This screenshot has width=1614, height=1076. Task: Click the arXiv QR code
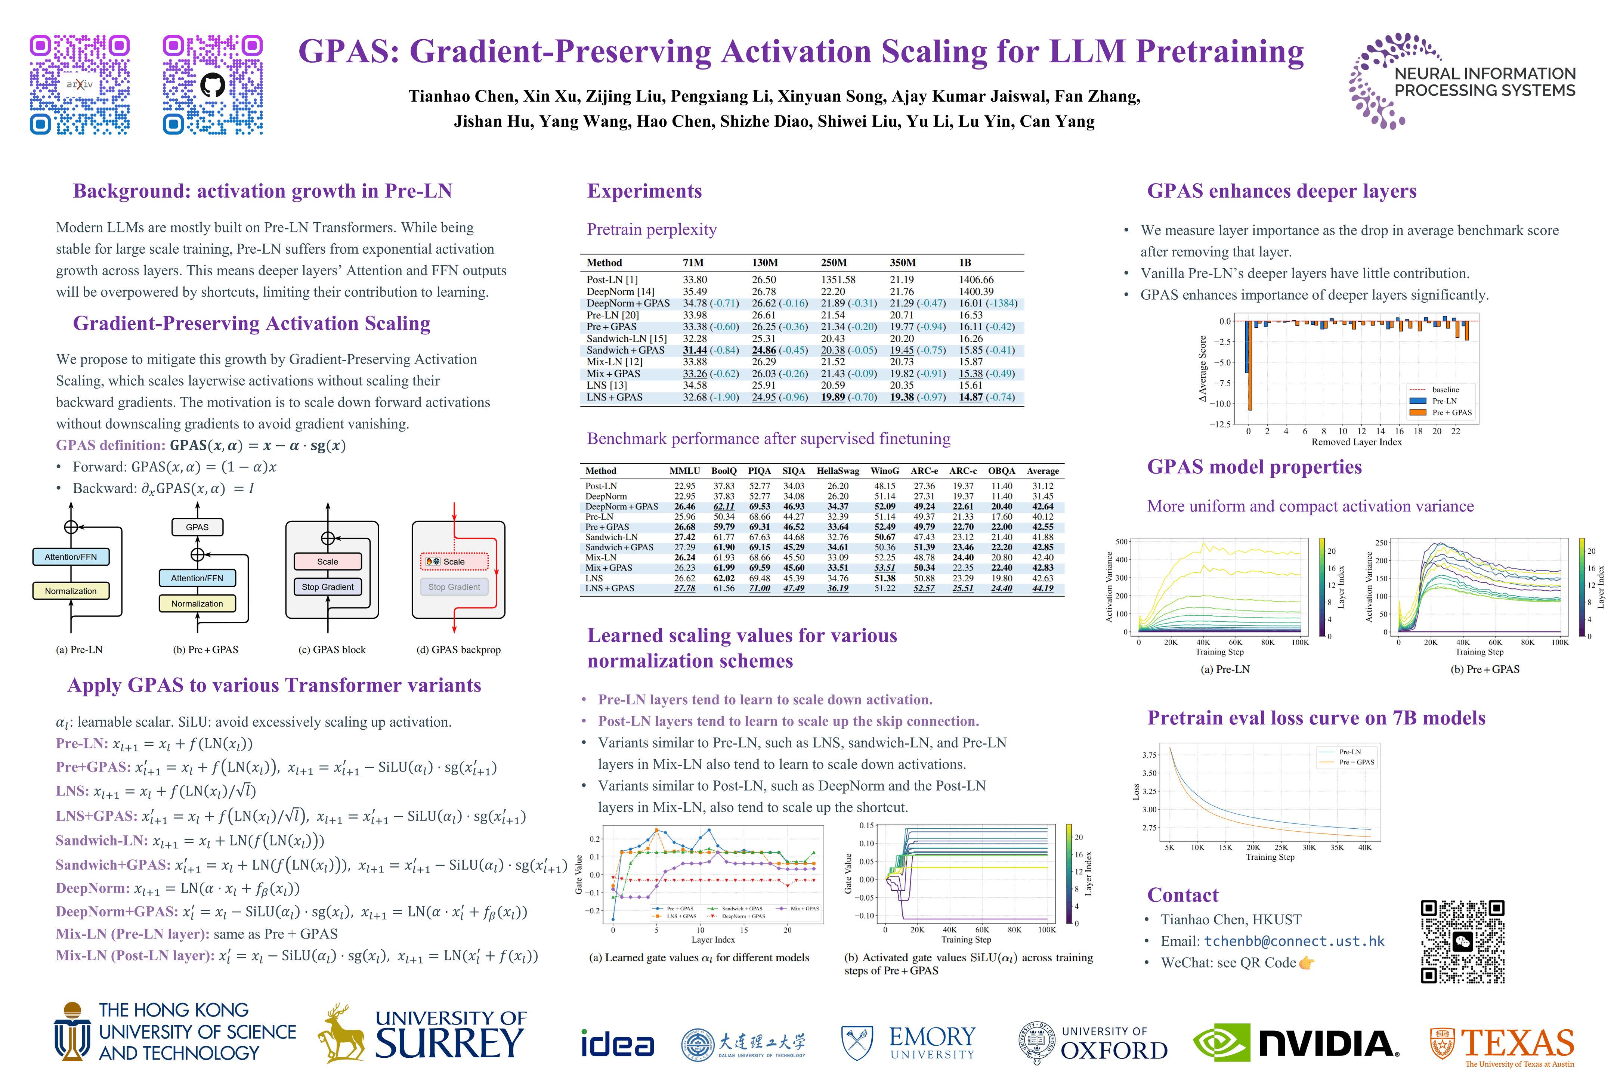click(80, 84)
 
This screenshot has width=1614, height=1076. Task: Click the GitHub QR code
click(213, 84)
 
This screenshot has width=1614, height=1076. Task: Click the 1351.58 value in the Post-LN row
click(838, 280)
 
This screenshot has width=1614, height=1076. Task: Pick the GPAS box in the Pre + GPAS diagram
click(197, 527)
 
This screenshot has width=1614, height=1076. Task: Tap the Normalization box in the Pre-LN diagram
click(71, 591)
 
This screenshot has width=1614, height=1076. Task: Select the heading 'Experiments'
click(644, 191)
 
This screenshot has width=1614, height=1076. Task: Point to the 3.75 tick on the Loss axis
click(1149, 755)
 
